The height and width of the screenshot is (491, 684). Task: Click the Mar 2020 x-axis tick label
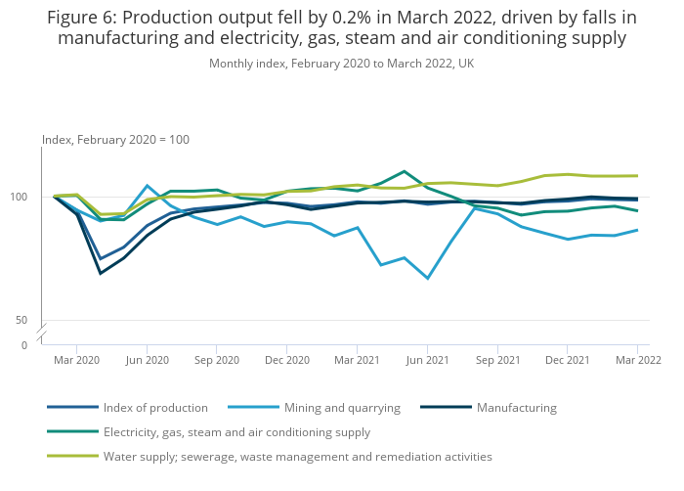[x=77, y=360]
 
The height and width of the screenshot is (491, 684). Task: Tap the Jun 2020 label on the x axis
[x=147, y=360]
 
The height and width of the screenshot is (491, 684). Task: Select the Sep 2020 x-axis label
[x=217, y=360]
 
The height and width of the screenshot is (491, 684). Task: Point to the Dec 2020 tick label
[x=286, y=360]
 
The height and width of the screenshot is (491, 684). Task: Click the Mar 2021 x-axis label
[x=357, y=360]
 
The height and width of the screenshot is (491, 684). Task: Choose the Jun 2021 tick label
[x=427, y=360]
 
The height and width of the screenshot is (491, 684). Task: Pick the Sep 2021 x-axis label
[x=496, y=360]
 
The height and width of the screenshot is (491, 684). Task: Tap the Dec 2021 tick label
[x=567, y=360]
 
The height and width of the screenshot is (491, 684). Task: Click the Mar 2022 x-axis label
[x=637, y=360]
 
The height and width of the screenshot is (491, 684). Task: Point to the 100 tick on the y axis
[x=28, y=197]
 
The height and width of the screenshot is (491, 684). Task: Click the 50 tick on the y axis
[x=31, y=320]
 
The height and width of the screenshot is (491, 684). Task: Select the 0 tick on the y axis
[x=34, y=345]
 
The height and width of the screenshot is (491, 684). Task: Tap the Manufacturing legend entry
[x=516, y=408]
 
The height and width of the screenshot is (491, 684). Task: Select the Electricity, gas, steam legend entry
[x=236, y=431]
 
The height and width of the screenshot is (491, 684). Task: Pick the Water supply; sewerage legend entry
[x=297, y=456]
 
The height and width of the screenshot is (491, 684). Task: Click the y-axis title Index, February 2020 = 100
[x=115, y=140]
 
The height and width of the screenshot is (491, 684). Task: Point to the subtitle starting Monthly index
[x=341, y=64]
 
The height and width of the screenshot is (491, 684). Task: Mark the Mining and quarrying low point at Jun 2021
[x=428, y=279]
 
